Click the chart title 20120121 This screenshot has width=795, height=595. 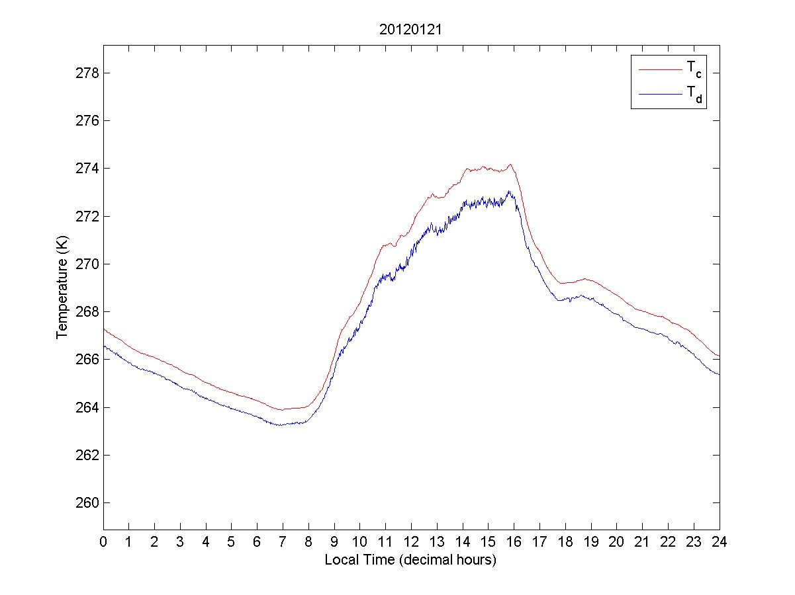coord(411,30)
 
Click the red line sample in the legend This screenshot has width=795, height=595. coord(659,69)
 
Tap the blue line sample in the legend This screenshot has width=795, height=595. coord(659,95)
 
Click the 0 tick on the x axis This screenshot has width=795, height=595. coord(103,541)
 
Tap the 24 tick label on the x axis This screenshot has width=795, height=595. coord(720,541)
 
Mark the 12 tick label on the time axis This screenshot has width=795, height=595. coord(411,541)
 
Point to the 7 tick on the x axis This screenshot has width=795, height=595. coord(283,541)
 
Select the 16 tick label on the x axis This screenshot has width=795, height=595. coord(514,541)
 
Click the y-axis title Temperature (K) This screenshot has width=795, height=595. coord(62,288)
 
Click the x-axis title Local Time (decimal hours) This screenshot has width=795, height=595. coord(410,560)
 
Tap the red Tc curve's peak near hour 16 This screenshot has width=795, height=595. coord(510,165)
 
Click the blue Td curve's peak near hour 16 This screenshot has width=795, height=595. coord(509,192)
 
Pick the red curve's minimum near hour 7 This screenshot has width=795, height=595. coord(281,410)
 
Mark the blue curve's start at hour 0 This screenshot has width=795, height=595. coord(104,346)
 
